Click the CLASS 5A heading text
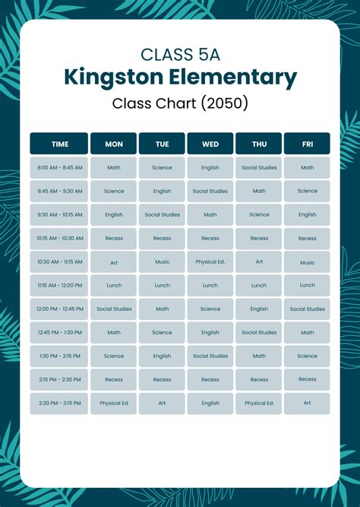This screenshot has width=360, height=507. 180,54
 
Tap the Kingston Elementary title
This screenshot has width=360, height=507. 180,77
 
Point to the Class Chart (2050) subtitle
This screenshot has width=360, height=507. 180,102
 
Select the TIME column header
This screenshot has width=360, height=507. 59,144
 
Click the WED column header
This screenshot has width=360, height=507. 210,144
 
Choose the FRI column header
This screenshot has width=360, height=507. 307,144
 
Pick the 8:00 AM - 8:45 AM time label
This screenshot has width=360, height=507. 59,168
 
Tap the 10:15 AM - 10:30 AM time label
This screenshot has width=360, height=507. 59,239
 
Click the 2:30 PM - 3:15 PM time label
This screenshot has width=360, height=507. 59,404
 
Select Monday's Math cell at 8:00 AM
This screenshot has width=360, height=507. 114,168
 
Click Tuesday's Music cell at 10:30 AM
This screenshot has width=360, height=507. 162,262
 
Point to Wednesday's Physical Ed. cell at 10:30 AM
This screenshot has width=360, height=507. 210,262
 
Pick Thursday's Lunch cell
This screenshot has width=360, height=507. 259,286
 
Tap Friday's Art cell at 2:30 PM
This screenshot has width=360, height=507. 307,404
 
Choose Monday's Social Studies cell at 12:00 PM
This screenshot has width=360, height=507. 114,309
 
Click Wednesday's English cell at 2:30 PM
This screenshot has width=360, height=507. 210,404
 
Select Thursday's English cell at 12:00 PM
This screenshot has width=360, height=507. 259,309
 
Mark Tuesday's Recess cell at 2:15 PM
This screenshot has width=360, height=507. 162,380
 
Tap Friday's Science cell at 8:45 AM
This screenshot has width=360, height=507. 307,192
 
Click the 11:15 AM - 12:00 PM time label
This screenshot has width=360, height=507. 59,286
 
